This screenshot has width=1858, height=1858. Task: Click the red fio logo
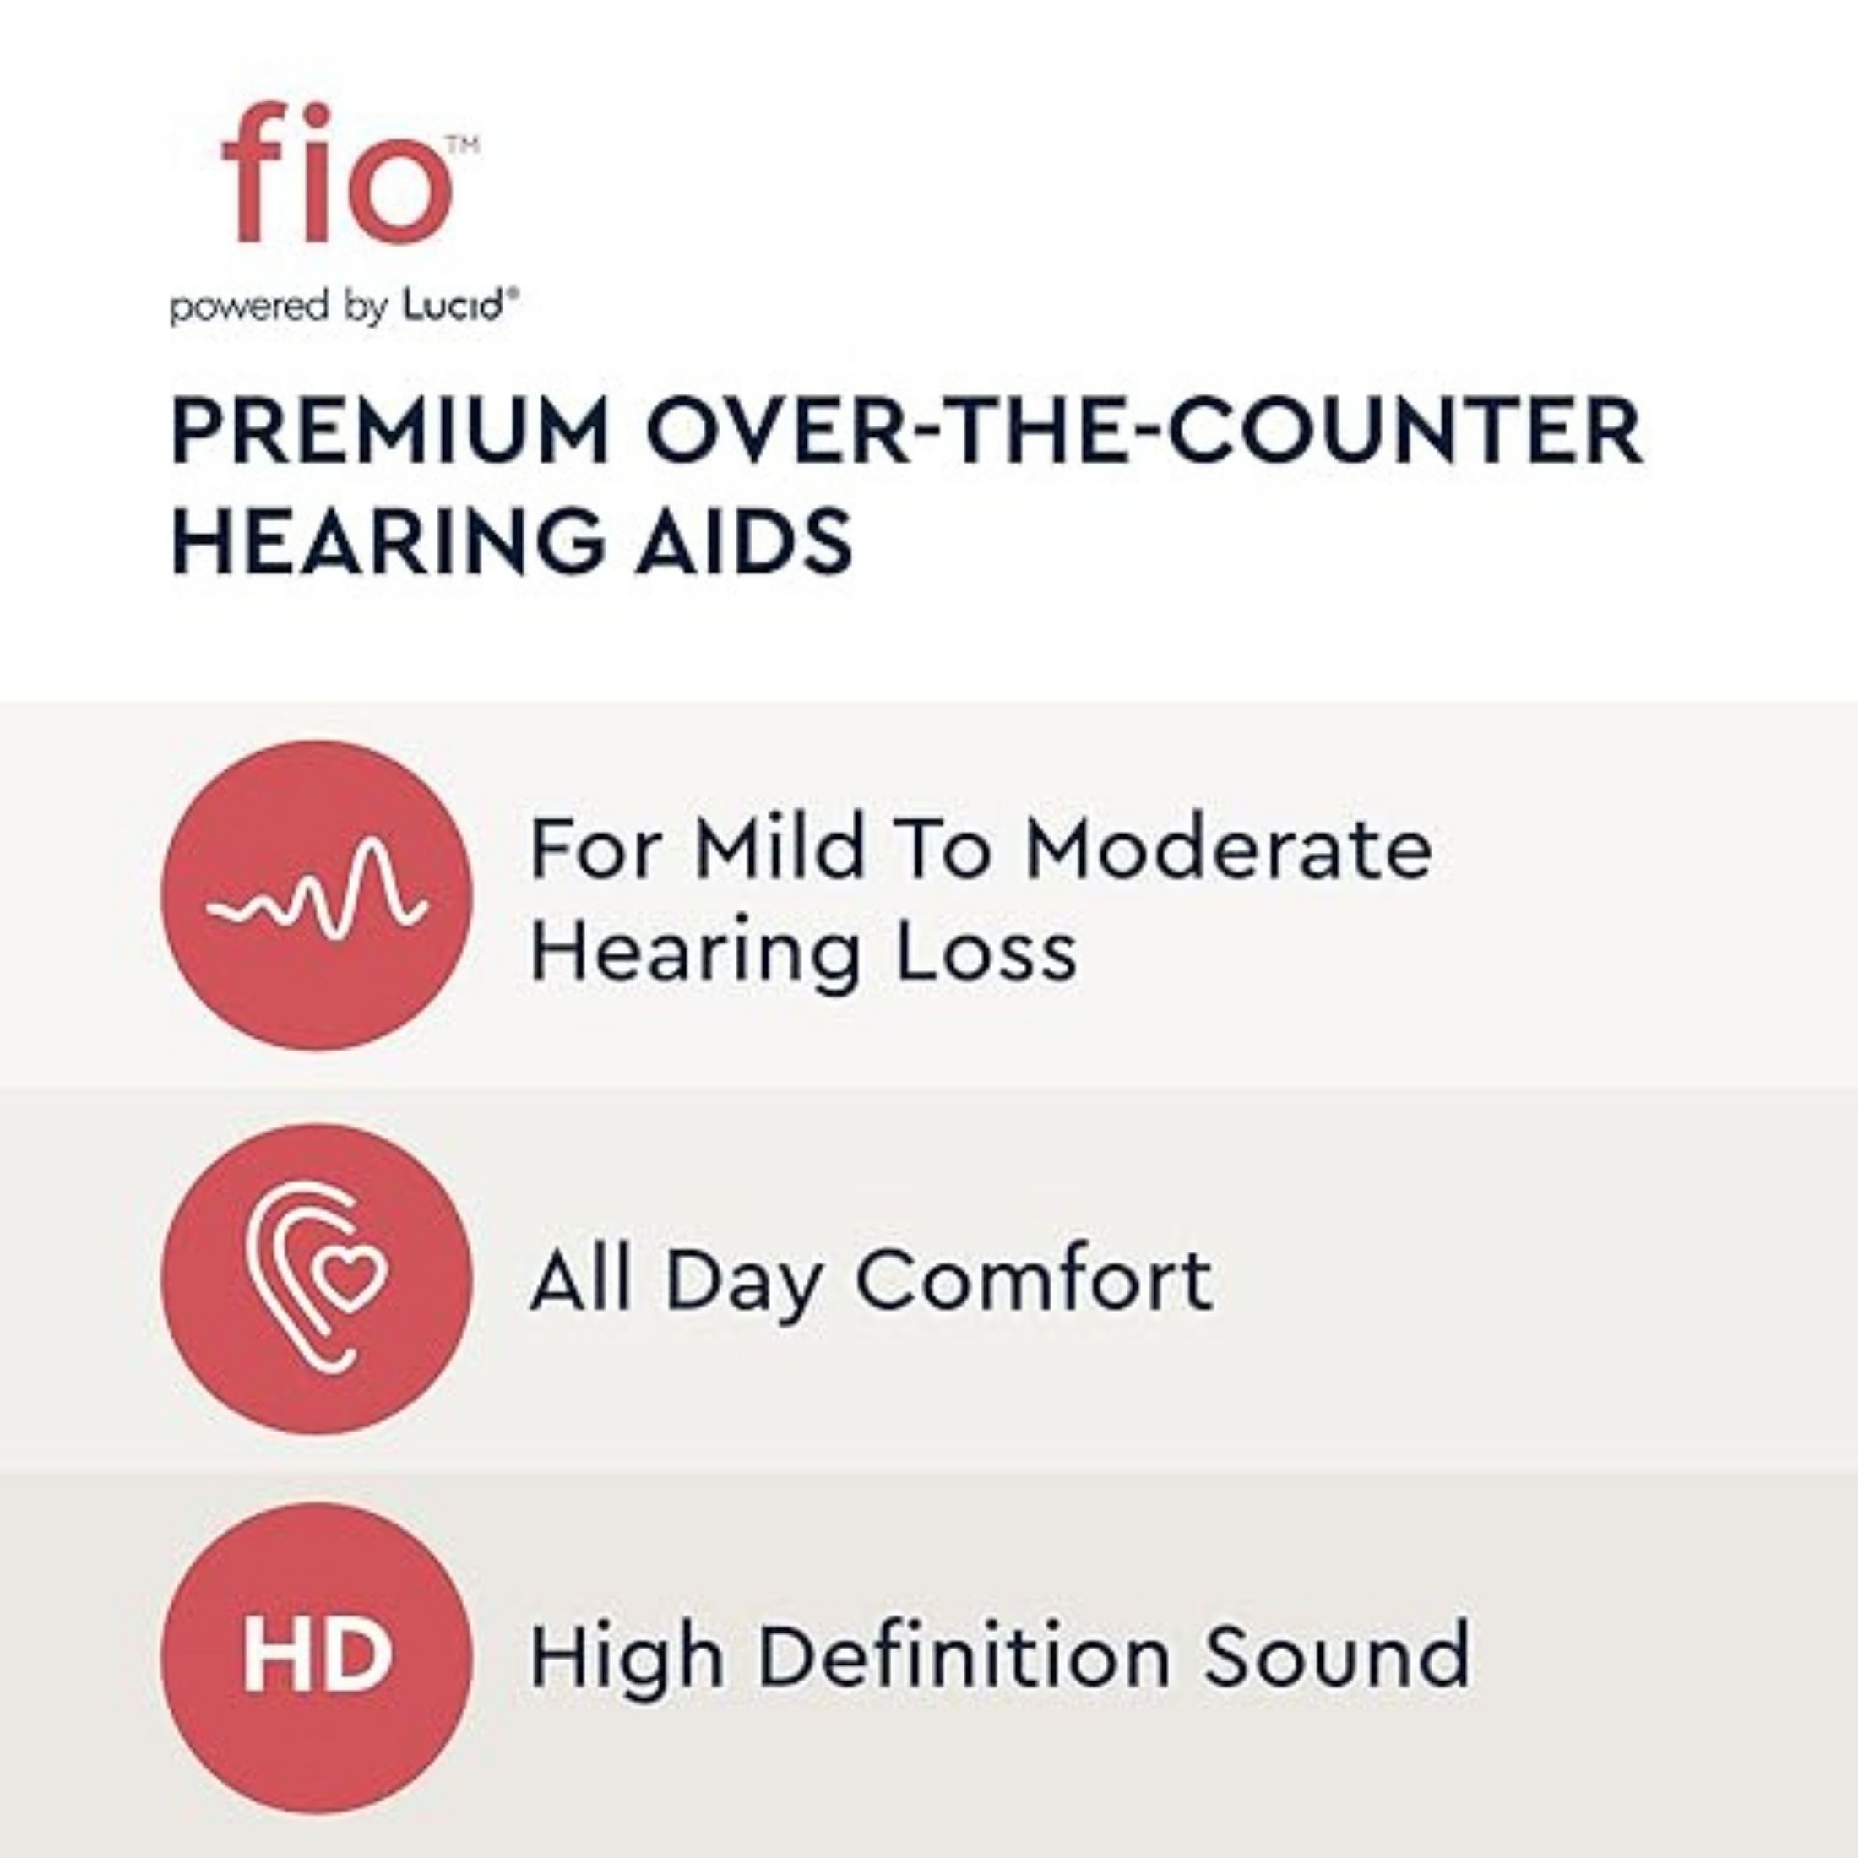(x=337, y=173)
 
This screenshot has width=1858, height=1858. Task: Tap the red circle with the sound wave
(x=318, y=895)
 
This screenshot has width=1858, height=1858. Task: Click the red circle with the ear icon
(x=318, y=1279)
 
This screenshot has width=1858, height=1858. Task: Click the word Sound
(x=1338, y=1656)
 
